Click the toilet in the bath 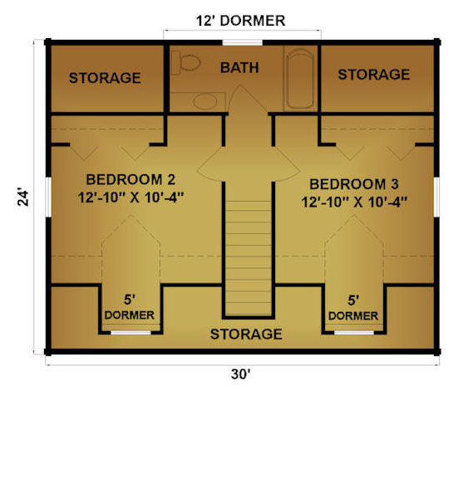pyautogui.click(x=185, y=62)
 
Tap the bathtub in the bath pyautogui.click(x=299, y=79)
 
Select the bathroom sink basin pyautogui.click(x=204, y=101)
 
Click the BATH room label pyautogui.click(x=239, y=68)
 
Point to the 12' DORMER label pyautogui.click(x=240, y=21)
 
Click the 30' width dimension pyautogui.click(x=240, y=374)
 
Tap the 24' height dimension pyautogui.click(x=23, y=198)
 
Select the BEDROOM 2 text pyautogui.click(x=131, y=179)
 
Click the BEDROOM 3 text pyautogui.click(x=354, y=184)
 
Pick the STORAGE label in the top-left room pyautogui.click(x=105, y=78)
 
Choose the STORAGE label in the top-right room pyautogui.click(x=374, y=75)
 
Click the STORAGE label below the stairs pyautogui.click(x=246, y=334)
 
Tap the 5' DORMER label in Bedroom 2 pyautogui.click(x=130, y=307)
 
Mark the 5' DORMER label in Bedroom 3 pyautogui.click(x=353, y=308)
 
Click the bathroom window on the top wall pyautogui.click(x=243, y=42)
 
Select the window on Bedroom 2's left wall pyautogui.click(x=48, y=197)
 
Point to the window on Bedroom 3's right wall pyautogui.click(x=436, y=197)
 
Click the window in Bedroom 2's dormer pyautogui.click(x=131, y=333)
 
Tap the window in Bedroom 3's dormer pyautogui.click(x=354, y=333)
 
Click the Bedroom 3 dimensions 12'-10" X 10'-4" pyautogui.click(x=354, y=202)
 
